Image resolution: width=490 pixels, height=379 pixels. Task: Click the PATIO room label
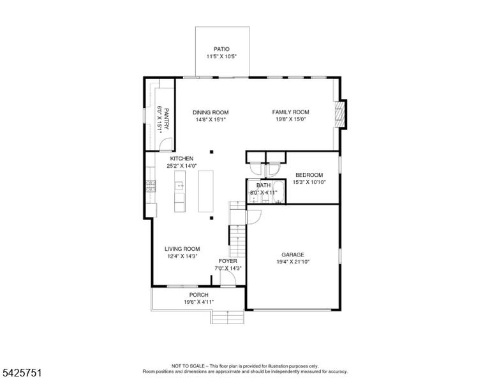[x=221, y=49]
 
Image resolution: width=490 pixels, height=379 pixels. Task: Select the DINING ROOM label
[x=211, y=112]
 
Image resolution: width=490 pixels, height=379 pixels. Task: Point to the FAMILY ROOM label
[x=291, y=112]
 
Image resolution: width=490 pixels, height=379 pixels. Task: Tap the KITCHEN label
[x=182, y=158]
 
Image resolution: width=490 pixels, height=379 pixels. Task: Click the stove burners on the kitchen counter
[x=151, y=186]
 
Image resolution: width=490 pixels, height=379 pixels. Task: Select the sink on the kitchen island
[x=180, y=186]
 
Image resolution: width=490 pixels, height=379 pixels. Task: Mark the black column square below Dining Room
[x=212, y=152]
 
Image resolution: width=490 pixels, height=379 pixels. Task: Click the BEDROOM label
[x=309, y=175]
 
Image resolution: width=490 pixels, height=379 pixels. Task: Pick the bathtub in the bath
[x=278, y=192]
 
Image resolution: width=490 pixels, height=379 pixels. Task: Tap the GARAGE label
[x=293, y=255]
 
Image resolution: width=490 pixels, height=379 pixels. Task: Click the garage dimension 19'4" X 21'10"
[x=293, y=262]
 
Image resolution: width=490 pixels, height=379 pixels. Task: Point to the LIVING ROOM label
[x=182, y=249]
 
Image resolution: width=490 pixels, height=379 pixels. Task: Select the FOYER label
[x=228, y=261]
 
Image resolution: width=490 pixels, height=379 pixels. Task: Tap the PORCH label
[x=199, y=295]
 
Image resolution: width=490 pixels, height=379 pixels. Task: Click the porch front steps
[x=228, y=317]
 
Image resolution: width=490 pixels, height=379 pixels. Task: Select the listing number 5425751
[x=22, y=373]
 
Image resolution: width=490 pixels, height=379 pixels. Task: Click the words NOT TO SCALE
[x=188, y=366]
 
